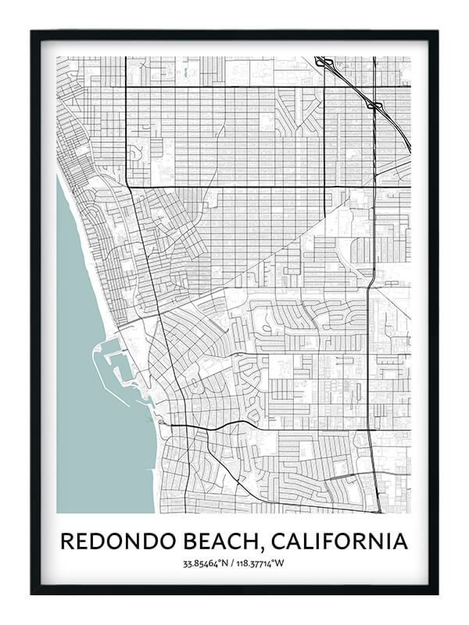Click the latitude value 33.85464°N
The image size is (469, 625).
coord(207,562)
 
